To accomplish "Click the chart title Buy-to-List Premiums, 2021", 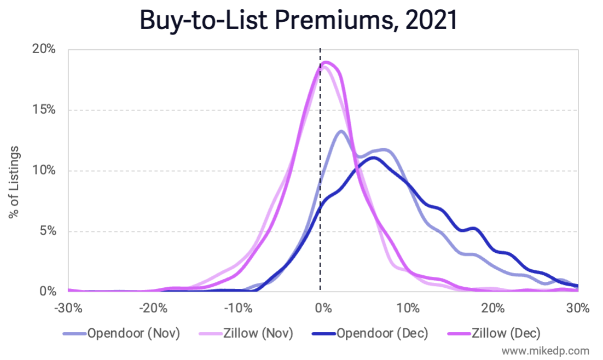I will [x=298, y=20].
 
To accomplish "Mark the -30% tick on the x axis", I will [x=68, y=308].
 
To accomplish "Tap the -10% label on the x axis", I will [x=237, y=308].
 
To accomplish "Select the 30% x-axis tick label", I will [x=578, y=308].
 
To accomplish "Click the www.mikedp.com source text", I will [x=546, y=351].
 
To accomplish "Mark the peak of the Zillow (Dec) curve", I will [x=326, y=62].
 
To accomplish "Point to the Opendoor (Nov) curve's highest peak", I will [x=341, y=131].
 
